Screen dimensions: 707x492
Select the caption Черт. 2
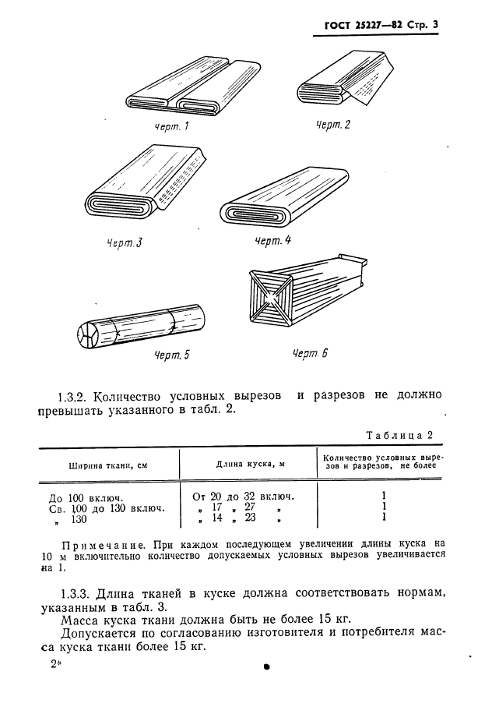coord(333,125)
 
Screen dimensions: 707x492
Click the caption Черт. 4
coord(272,241)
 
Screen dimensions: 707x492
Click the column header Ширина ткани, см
coord(109,465)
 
